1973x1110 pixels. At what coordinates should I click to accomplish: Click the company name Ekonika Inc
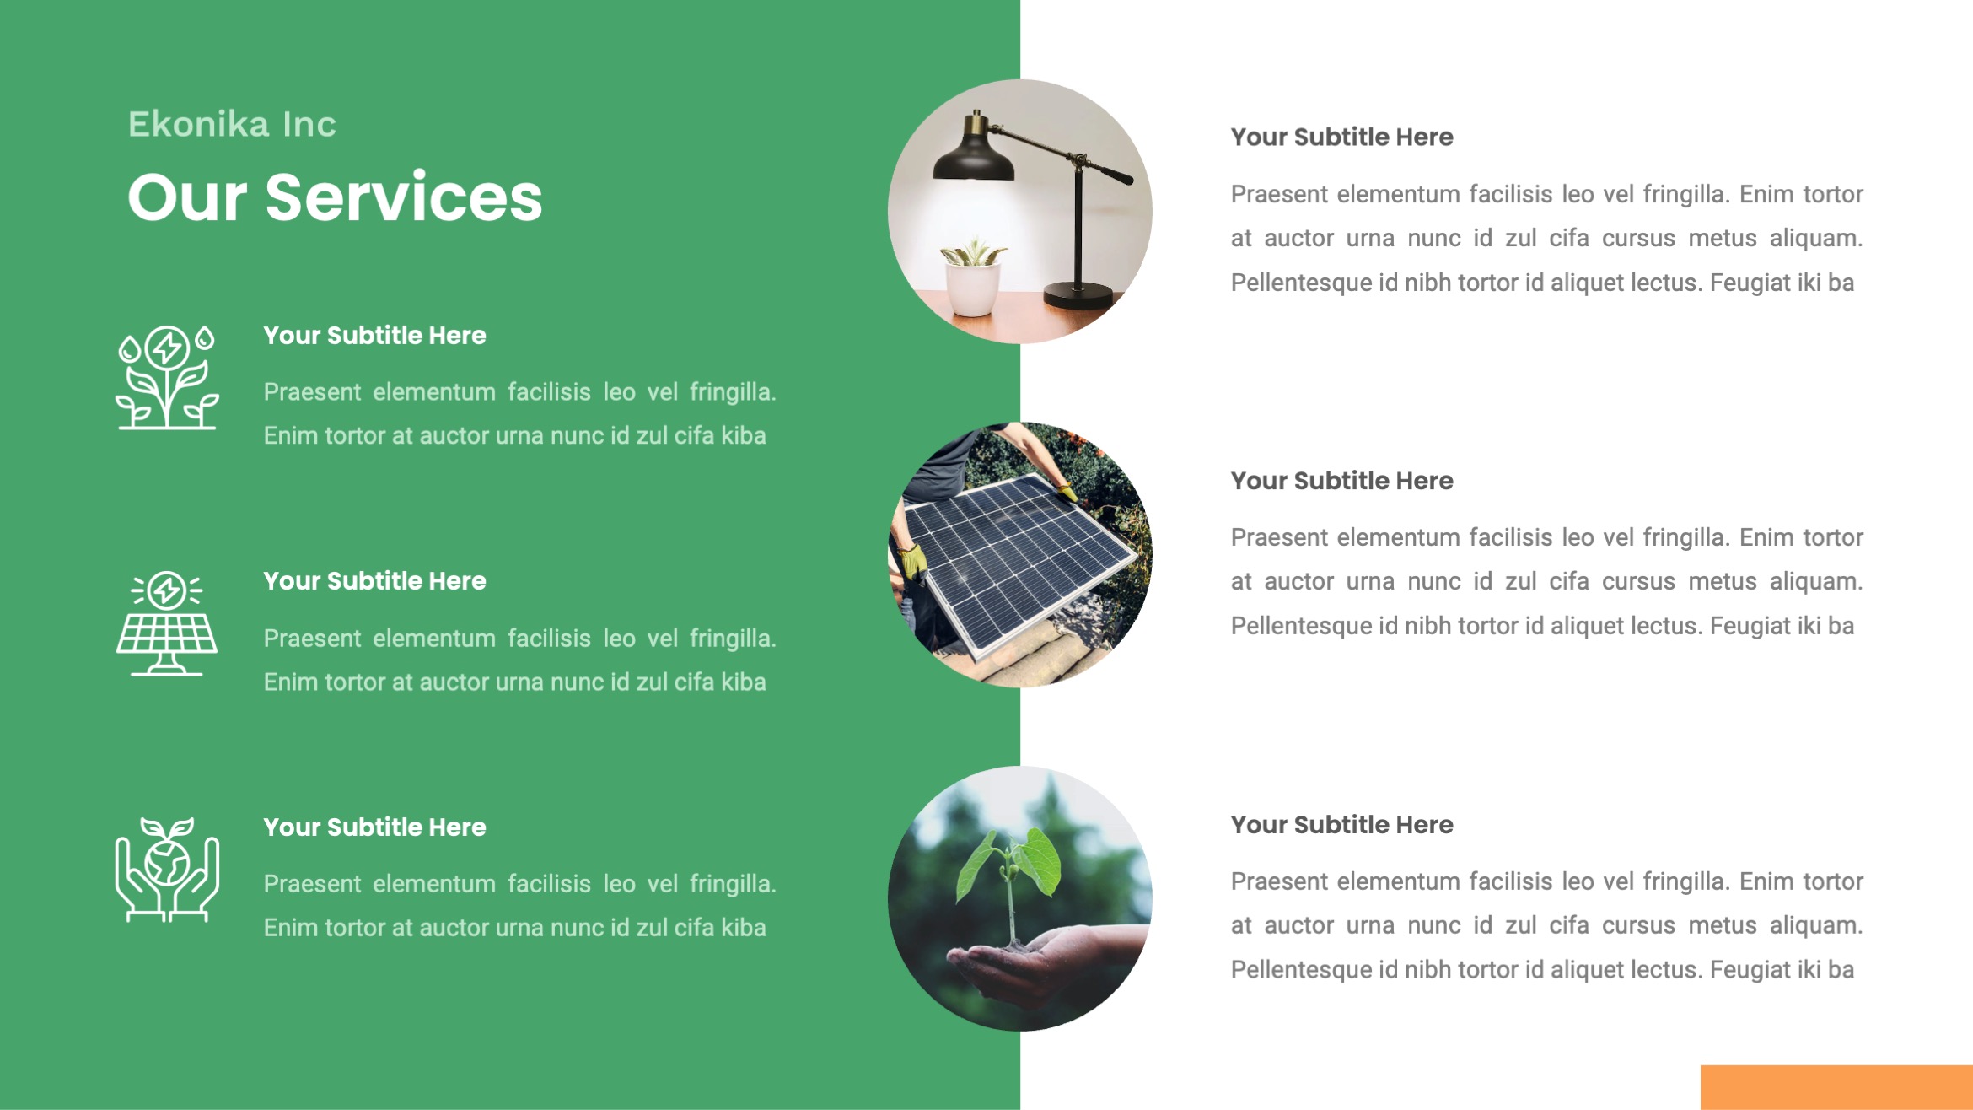click(232, 125)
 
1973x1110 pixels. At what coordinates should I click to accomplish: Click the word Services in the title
click(404, 198)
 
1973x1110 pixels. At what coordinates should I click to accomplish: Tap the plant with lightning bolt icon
click(167, 377)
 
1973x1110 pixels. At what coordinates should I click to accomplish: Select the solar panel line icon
click(167, 623)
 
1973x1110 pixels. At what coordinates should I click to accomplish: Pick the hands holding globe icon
click(167, 870)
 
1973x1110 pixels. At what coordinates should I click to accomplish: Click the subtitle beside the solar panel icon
click(374, 581)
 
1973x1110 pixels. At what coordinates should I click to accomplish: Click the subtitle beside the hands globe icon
click(374, 827)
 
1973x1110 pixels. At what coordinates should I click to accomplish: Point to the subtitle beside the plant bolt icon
click(374, 336)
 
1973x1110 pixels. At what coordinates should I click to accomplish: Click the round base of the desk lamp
click(1079, 295)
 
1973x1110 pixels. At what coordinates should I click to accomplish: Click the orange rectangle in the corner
click(1836, 1087)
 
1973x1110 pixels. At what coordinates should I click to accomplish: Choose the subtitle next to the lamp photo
click(1341, 137)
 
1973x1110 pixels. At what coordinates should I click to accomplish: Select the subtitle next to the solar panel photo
click(1341, 481)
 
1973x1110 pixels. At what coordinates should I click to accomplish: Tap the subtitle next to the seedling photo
click(1341, 825)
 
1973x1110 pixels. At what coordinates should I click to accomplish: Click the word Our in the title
click(187, 198)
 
